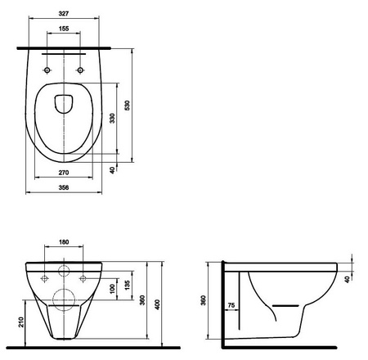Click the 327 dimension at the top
(64, 13)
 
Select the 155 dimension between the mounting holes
(64, 29)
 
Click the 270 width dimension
(64, 173)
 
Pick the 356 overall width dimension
(64, 188)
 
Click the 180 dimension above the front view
(64, 243)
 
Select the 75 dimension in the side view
(232, 305)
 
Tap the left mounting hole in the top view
(47, 70)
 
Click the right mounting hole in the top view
(81, 70)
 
